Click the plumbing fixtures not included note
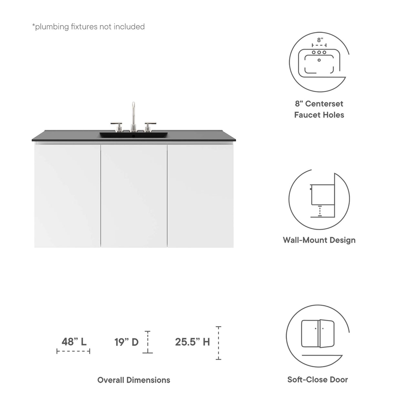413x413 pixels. click(x=88, y=27)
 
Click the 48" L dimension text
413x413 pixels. click(x=74, y=341)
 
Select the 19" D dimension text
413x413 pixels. click(x=126, y=342)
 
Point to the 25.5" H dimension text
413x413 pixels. click(x=192, y=342)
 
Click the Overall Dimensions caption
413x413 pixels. click(x=134, y=380)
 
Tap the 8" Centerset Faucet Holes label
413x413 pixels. click(x=319, y=109)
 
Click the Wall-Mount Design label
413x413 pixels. click(x=319, y=240)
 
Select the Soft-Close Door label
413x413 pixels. click(x=318, y=379)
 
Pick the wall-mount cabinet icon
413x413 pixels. click(x=319, y=197)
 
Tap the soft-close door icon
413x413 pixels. click(x=318, y=334)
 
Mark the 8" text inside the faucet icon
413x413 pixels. click(x=320, y=40)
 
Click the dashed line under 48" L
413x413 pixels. click(x=73, y=351)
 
